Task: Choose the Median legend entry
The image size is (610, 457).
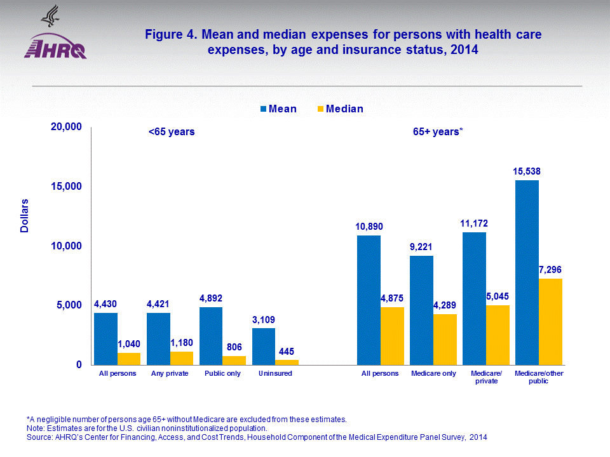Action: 340,109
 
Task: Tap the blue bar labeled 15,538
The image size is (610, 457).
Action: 527,272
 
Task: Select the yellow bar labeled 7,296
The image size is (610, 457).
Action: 550,321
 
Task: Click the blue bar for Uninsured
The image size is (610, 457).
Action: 264,346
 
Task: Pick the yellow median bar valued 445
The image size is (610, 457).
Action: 287,362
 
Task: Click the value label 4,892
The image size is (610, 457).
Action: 211,298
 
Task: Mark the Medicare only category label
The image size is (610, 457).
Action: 433,373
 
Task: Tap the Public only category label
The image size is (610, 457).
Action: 222,373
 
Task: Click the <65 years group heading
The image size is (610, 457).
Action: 172,132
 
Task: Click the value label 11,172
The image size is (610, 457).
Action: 474,223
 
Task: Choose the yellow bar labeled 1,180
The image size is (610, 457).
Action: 182,358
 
